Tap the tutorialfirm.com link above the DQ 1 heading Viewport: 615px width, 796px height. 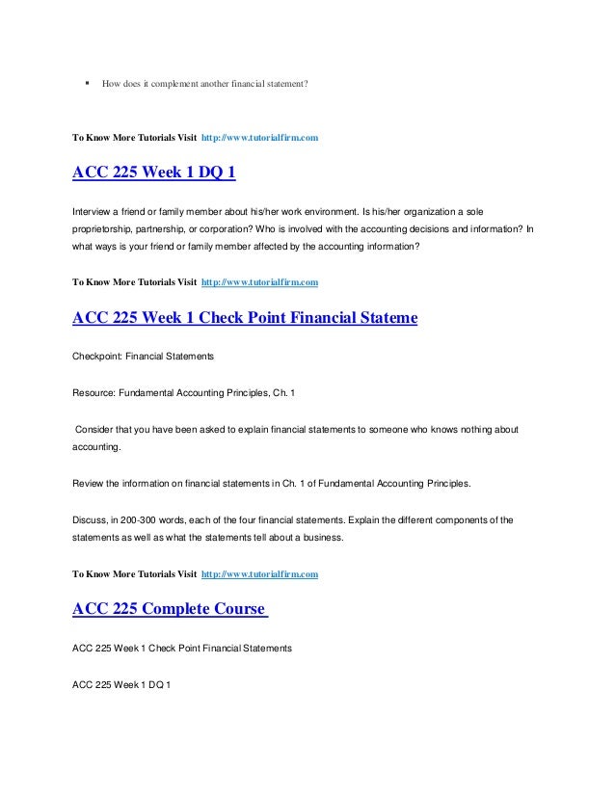tap(259, 140)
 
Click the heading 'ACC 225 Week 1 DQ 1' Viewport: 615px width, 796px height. tap(153, 174)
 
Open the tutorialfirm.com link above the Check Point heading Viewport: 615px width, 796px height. tap(259, 284)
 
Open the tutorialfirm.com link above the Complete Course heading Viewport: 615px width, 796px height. tap(259, 573)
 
